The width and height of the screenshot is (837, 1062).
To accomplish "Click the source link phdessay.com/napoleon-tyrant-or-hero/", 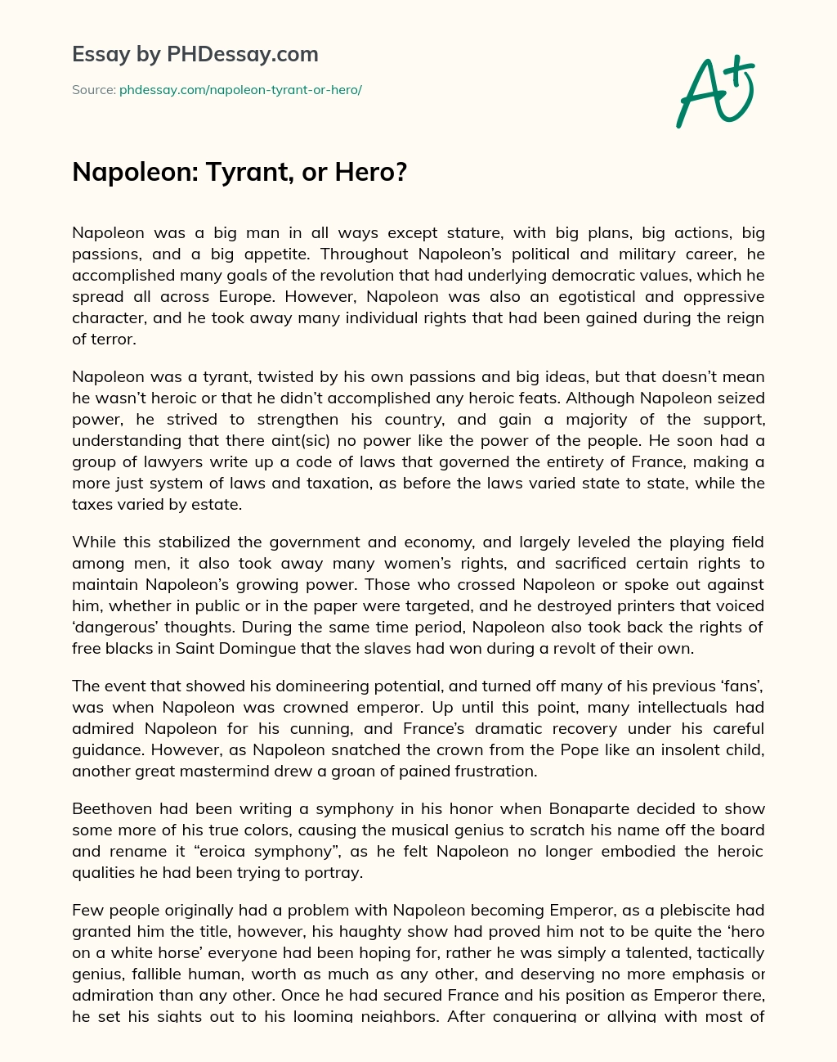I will coord(240,90).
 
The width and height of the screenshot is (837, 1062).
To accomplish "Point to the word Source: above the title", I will coord(93,90).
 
